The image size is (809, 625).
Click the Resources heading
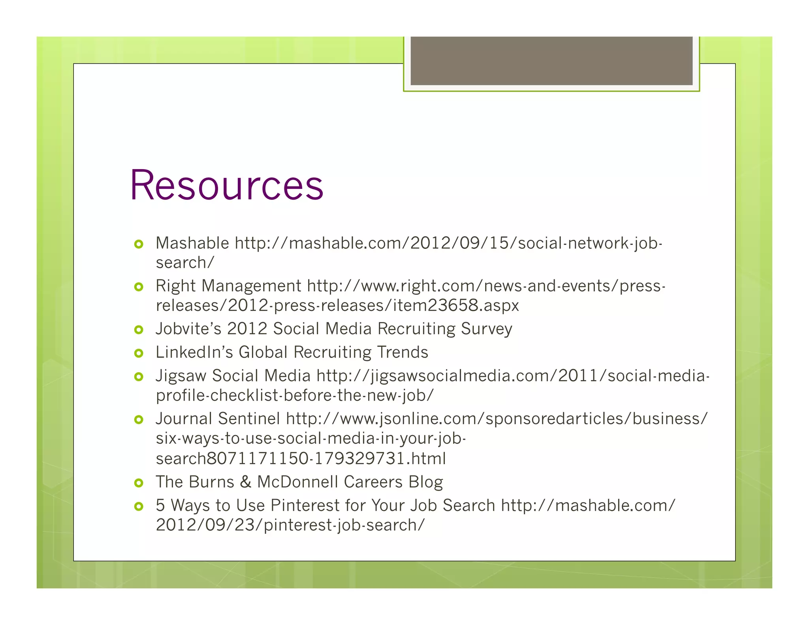pyautogui.click(x=227, y=186)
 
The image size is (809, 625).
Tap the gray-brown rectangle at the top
pyautogui.click(x=551, y=60)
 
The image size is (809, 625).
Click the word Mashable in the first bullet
pyautogui.click(x=192, y=243)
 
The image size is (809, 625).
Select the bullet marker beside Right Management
pyautogui.click(x=139, y=287)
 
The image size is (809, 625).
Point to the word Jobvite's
pyautogui.click(x=188, y=329)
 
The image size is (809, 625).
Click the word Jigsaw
pyautogui.click(x=181, y=376)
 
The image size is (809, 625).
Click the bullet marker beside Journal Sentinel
pyautogui.click(x=139, y=419)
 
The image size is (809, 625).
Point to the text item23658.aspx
pyautogui.click(x=456, y=305)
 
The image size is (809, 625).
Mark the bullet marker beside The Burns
pyautogui.click(x=139, y=483)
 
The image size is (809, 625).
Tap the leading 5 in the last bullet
pyautogui.click(x=160, y=505)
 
